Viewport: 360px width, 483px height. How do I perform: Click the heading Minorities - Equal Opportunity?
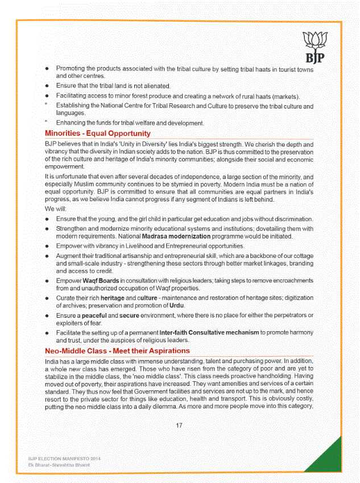[97, 134]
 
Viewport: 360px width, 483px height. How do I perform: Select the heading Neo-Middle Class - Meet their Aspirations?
[117, 351]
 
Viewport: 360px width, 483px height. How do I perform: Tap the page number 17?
[179, 426]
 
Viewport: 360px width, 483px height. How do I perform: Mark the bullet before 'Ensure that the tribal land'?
[47, 86]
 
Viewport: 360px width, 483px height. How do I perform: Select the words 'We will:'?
[56, 209]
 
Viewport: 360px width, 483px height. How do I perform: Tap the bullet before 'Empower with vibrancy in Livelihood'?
[47, 246]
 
